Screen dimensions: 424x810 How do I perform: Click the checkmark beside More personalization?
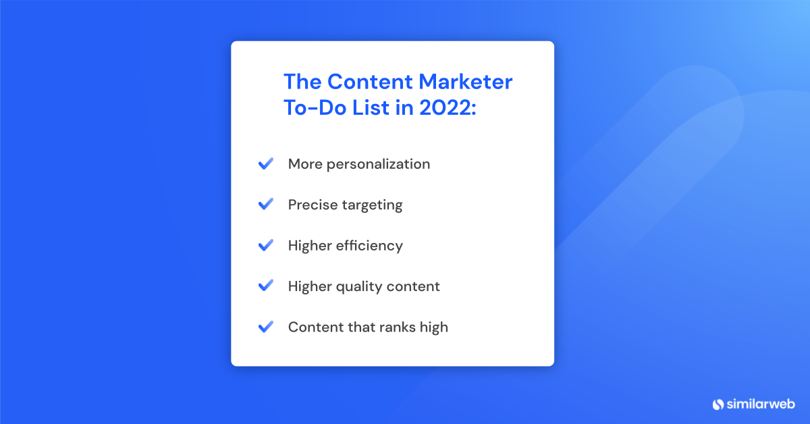[x=265, y=163]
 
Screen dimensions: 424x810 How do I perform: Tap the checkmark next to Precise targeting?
[x=265, y=204]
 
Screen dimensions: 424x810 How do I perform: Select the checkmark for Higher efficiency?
[x=265, y=245]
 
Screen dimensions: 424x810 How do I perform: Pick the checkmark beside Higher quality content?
[x=265, y=286]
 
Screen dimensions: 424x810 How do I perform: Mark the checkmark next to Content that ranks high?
[x=265, y=327]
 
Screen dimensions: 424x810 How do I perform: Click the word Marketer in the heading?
[x=466, y=82]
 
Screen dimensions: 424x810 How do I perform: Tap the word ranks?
[x=394, y=327]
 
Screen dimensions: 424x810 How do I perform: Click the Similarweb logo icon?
[x=718, y=404]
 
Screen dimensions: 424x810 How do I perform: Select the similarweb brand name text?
[x=761, y=404]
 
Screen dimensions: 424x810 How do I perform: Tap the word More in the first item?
[x=304, y=164]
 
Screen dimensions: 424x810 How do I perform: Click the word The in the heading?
[x=302, y=82]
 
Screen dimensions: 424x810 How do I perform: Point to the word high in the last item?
[x=433, y=327]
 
